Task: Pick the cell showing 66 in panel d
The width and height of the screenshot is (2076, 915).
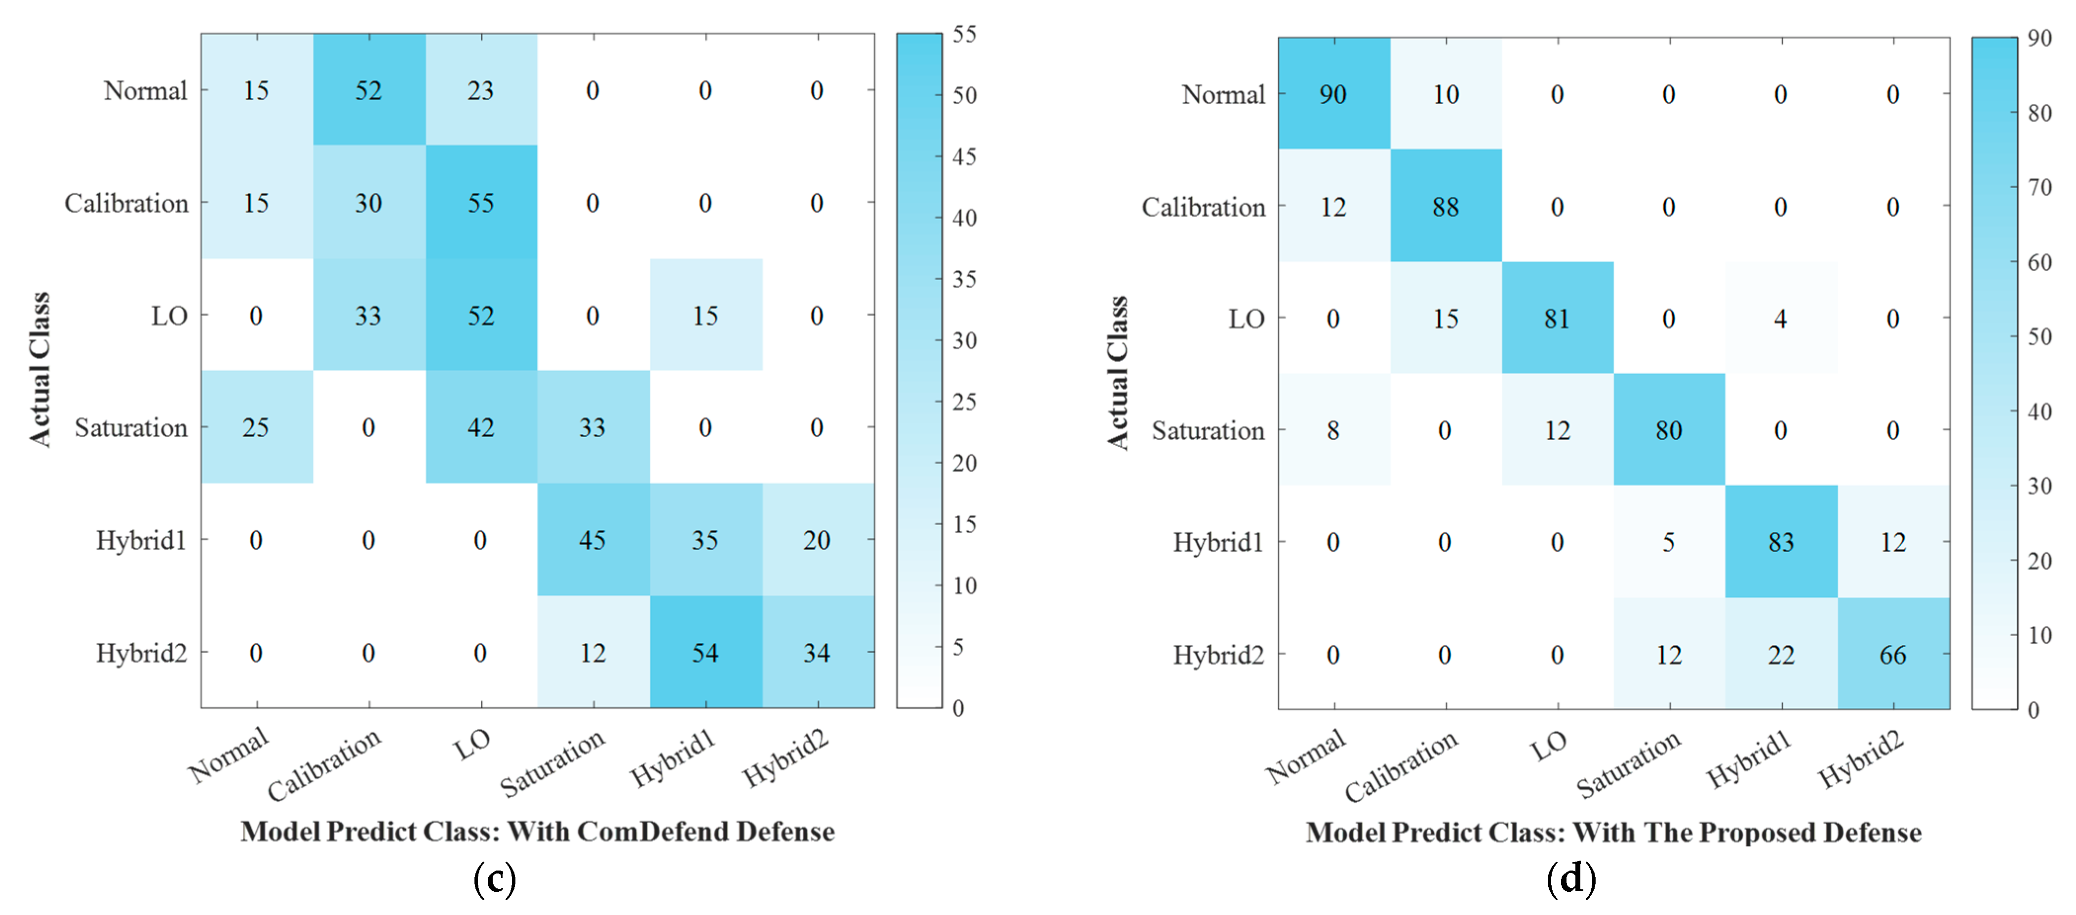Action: pos(1892,655)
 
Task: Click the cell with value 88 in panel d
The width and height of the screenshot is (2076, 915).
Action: pos(1445,207)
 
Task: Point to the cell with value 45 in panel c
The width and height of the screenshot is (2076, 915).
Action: pos(592,540)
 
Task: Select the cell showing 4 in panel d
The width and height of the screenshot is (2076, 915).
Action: pos(1780,319)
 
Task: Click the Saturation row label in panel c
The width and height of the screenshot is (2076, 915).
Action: pos(130,427)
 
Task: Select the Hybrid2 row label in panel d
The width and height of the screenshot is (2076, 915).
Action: pos(1218,655)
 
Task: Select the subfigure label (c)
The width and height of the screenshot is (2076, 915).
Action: pos(494,879)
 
